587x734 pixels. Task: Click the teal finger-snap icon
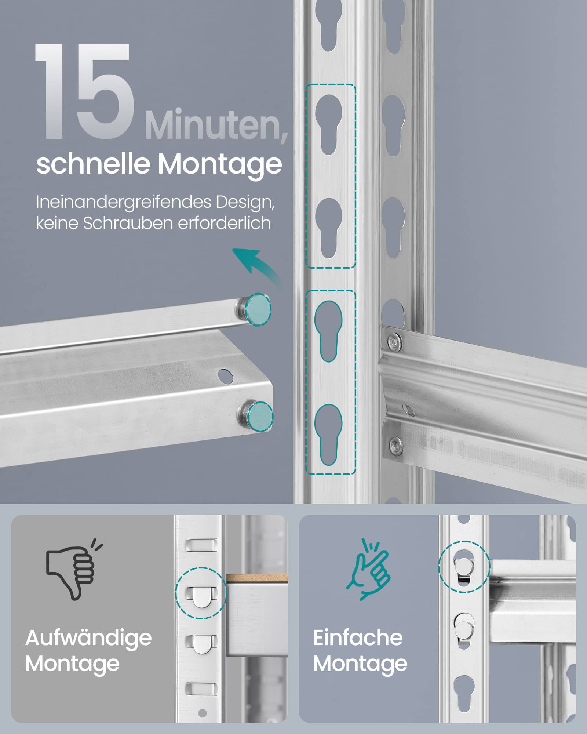(368, 569)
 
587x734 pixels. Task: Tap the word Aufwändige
(88, 638)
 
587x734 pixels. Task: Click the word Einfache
(358, 638)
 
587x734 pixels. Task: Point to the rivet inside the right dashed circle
(464, 567)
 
